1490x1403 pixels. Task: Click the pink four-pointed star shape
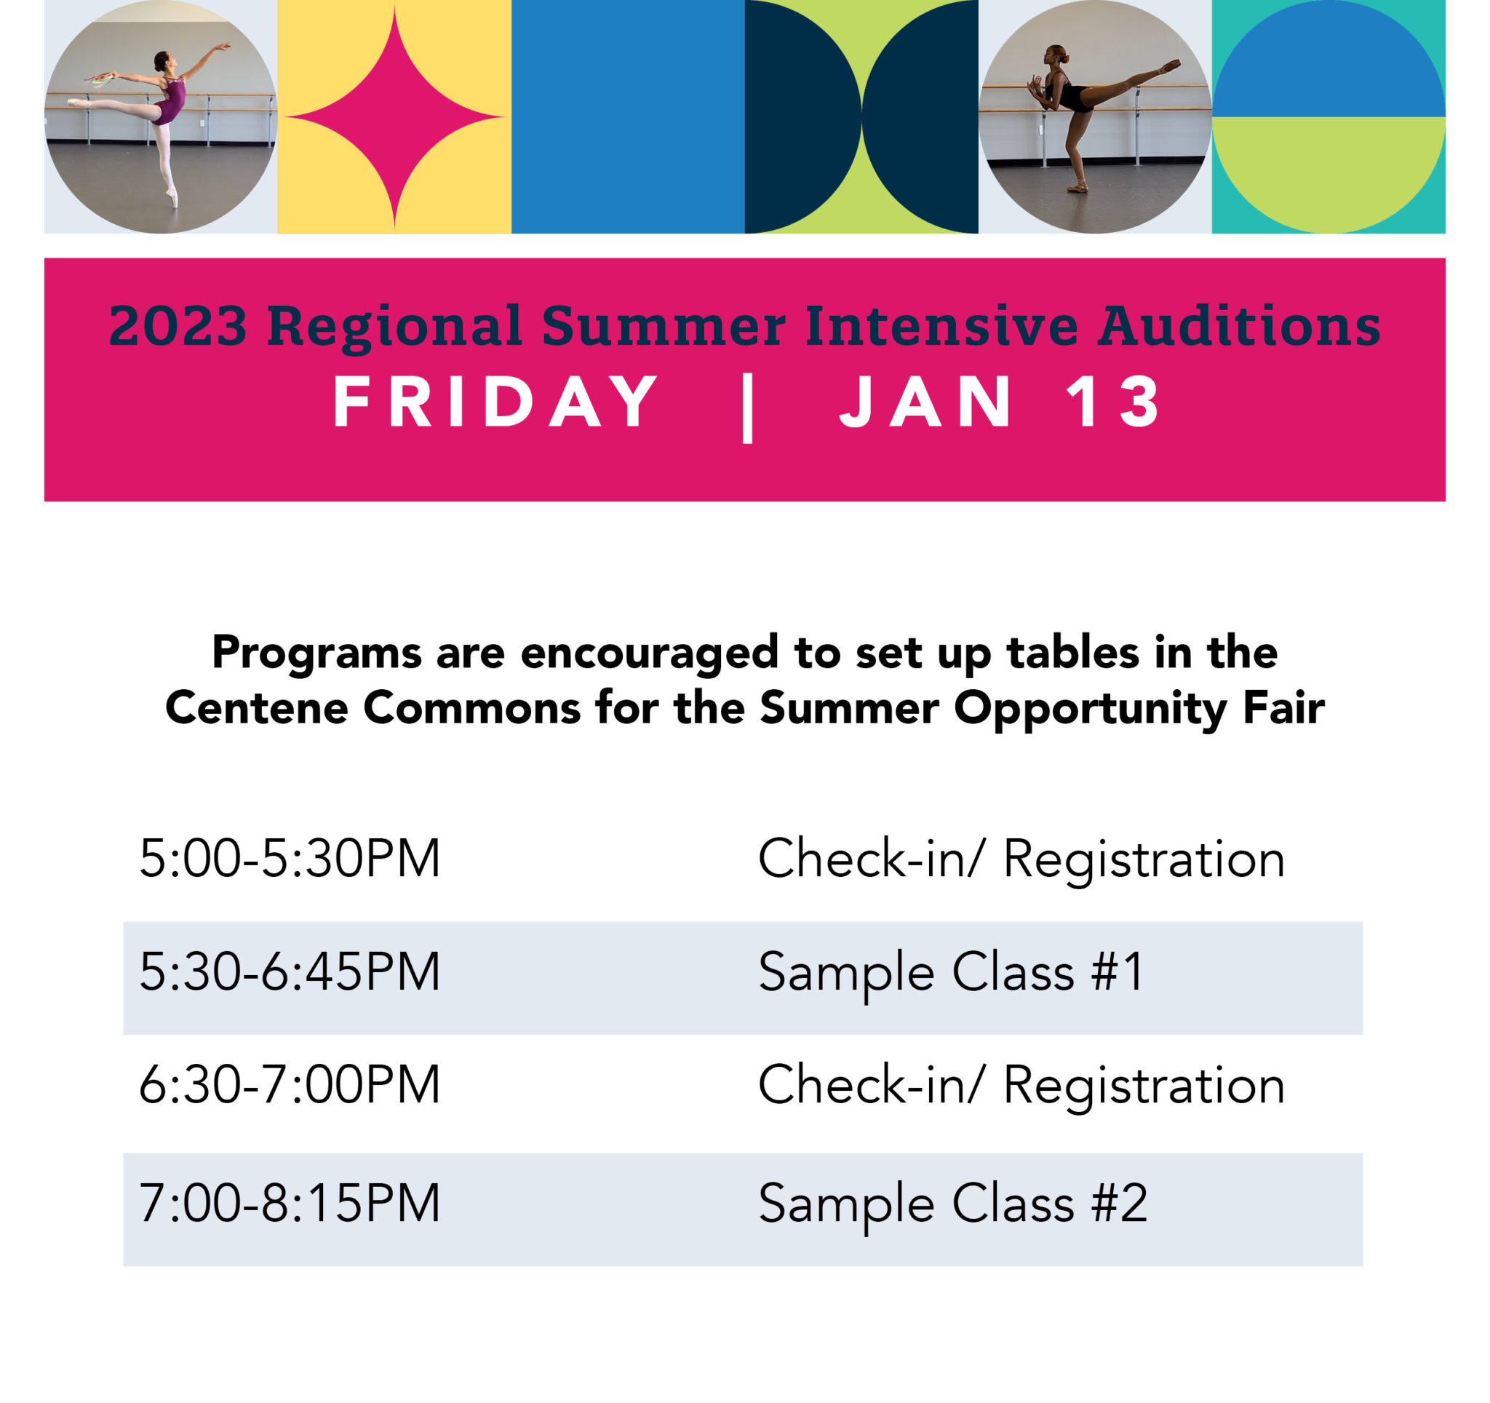[394, 117]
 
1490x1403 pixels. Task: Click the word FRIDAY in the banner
[495, 402]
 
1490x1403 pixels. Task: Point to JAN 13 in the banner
[1000, 402]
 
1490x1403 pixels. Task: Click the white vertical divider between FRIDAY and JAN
[746, 408]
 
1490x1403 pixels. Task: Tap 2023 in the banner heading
[178, 326]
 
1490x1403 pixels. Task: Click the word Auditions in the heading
[1238, 326]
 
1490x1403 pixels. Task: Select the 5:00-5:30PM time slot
[290, 859]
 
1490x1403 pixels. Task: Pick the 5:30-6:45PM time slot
[290, 973]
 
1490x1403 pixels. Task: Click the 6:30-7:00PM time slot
[290, 1085]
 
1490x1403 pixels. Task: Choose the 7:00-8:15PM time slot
[290, 1204]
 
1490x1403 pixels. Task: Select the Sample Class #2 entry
[952, 1204]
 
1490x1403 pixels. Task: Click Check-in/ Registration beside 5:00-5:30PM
[1021, 859]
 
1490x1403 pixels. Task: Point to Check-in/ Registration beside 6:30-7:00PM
[1021, 1085]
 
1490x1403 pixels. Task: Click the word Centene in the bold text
[257, 707]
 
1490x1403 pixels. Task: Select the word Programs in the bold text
[317, 653]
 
